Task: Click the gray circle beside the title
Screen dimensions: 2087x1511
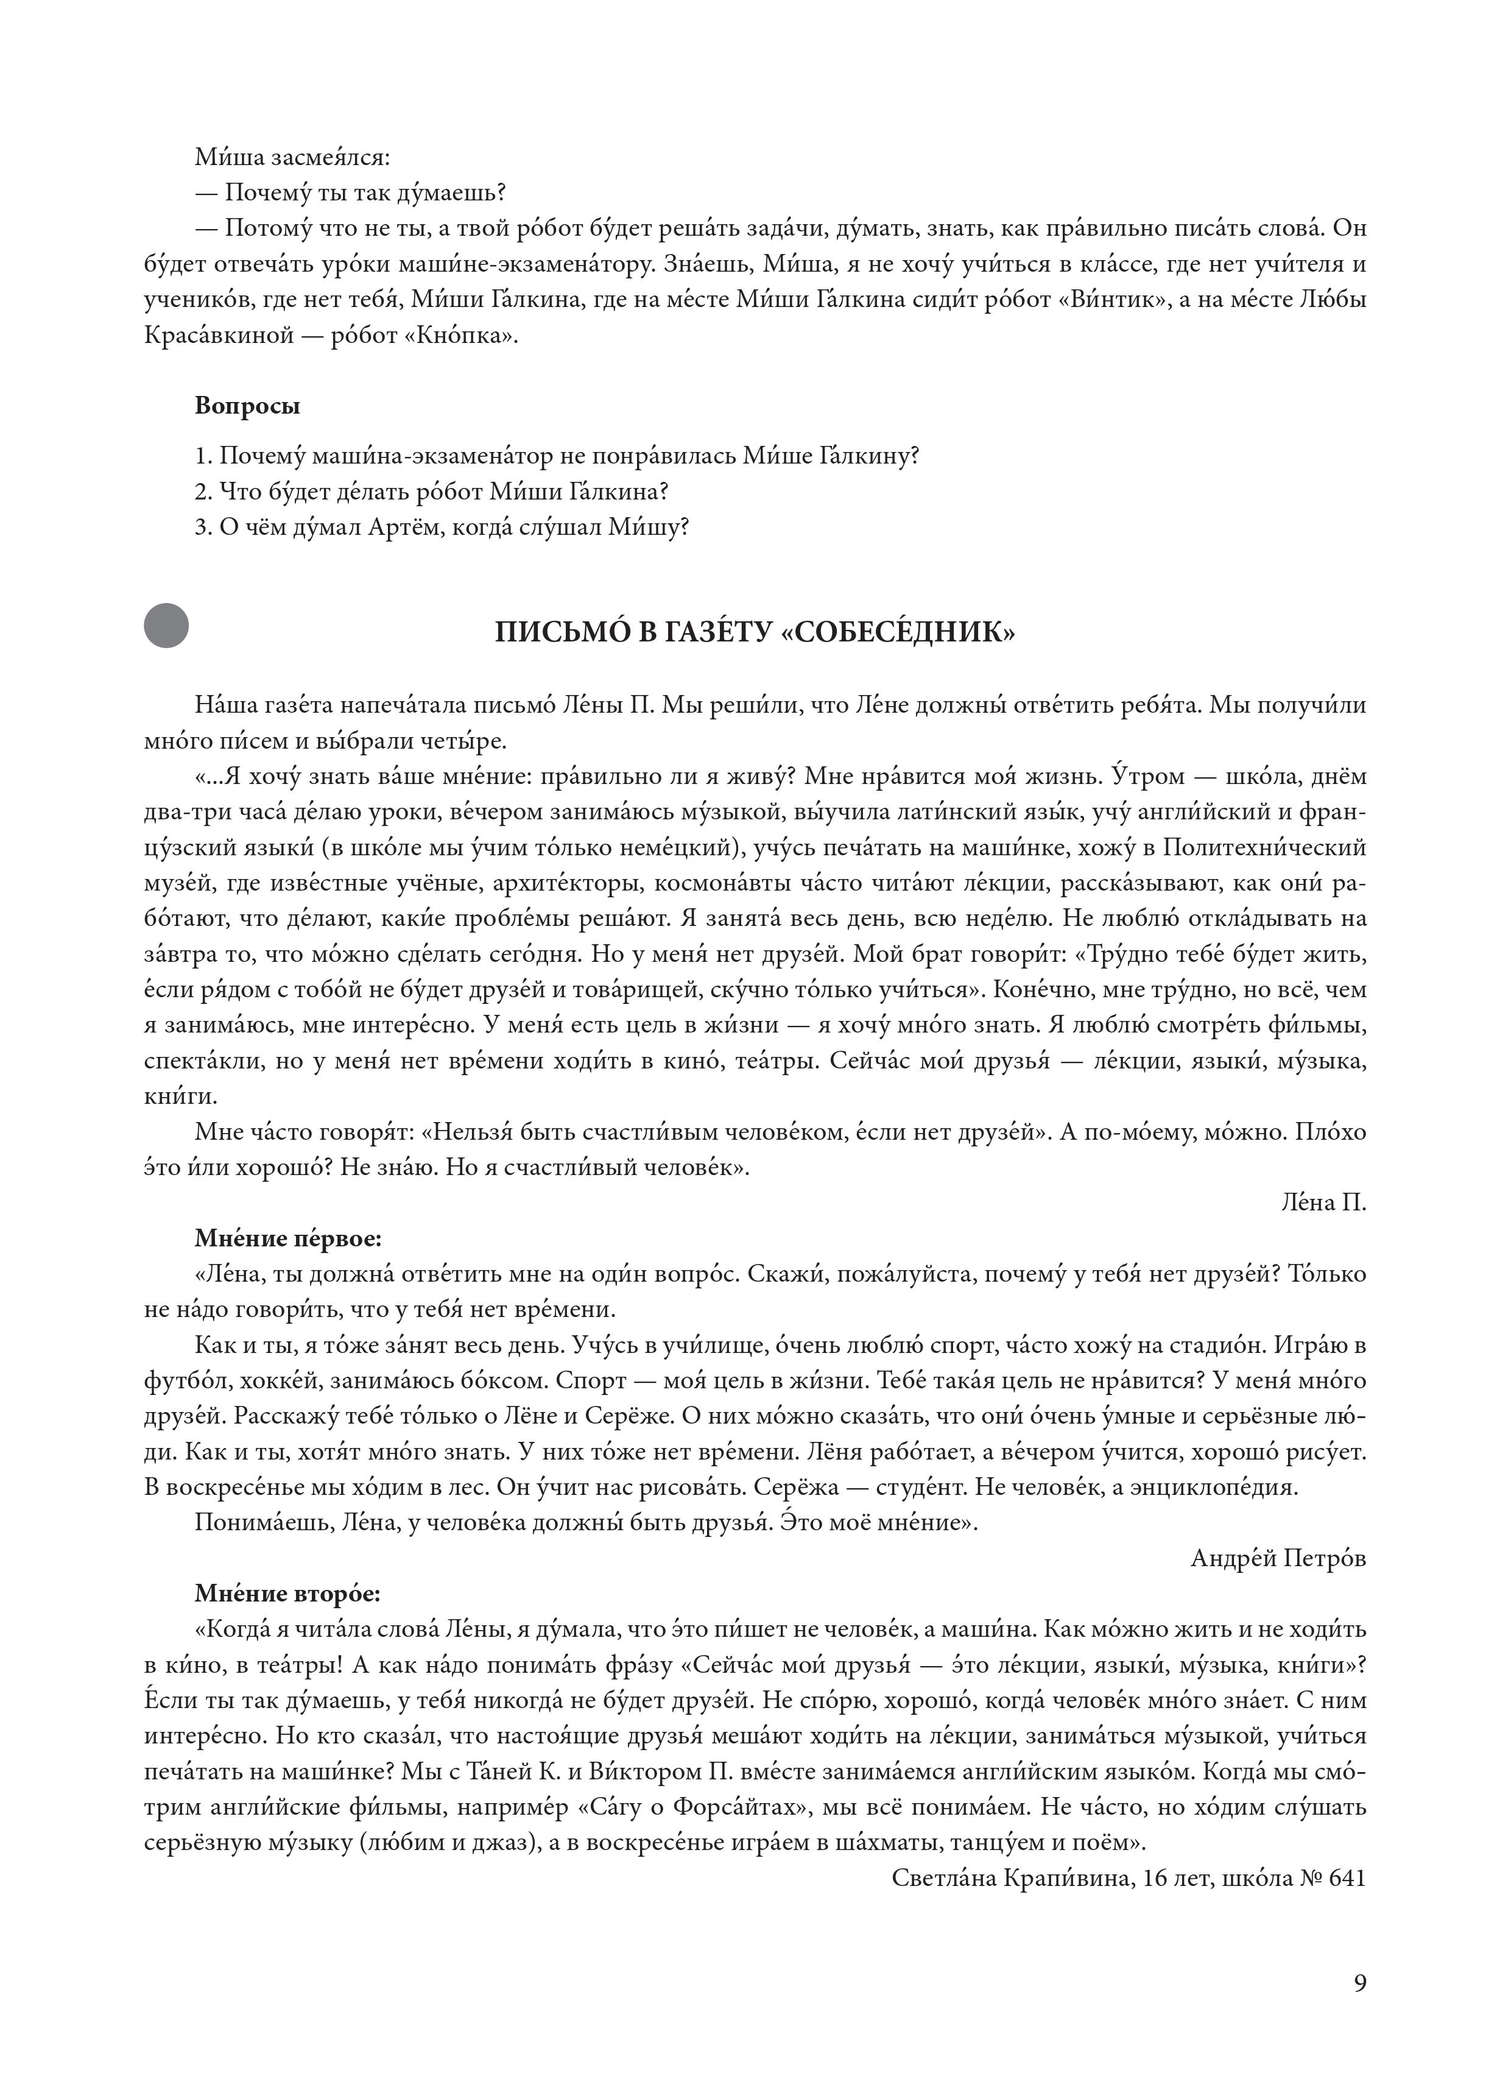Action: pyautogui.click(x=166, y=625)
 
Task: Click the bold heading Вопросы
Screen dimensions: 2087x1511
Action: pyautogui.click(x=247, y=406)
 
